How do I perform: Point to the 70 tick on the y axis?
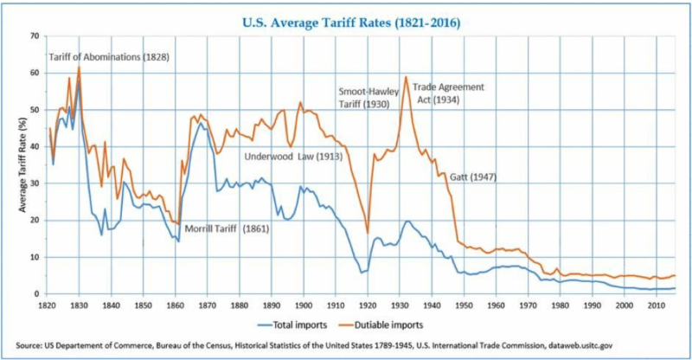tap(35, 35)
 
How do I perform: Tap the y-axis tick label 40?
tap(35, 146)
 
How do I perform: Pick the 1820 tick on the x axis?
tap(48, 305)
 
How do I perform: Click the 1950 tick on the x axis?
tap(464, 305)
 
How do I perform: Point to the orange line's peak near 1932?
tap(405, 77)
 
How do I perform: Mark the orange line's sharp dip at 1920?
tap(368, 233)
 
